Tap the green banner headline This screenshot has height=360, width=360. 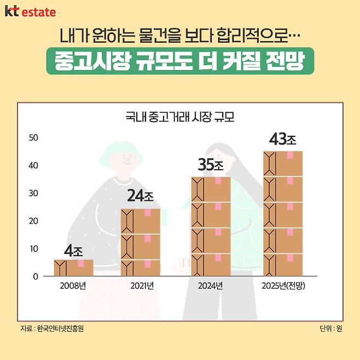click(x=180, y=62)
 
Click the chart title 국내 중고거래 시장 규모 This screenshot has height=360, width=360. click(x=180, y=117)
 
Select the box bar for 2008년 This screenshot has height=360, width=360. click(x=73, y=268)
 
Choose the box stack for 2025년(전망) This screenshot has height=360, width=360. click(x=283, y=213)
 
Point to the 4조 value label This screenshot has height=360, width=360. click(x=73, y=252)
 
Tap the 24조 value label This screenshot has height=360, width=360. click(x=141, y=196)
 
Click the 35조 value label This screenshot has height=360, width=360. click(x=211, y=164)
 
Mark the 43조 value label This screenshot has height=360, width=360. click(x=283, y=139)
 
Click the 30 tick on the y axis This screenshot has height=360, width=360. click(x=33, y=193)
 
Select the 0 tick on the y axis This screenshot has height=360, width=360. click(x=35, y=276)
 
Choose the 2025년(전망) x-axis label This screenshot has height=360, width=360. click(x=283, y=286)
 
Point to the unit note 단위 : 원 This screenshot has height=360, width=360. click(x=331, y=328)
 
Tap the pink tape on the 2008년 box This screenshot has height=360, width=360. click(x=81, y=264)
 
